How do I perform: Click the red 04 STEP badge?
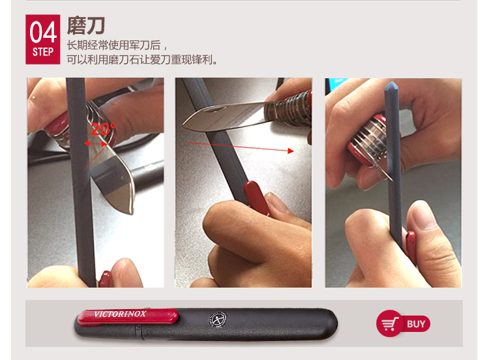tap(43, 39)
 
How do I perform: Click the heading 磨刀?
tap(86, 25)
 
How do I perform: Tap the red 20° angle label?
tap(103, 129)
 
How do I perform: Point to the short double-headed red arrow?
tap(96, 144)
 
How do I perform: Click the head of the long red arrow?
tap(291, 151)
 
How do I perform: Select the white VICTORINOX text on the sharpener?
tap(120, 314)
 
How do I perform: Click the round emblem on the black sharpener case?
tap(218, 320)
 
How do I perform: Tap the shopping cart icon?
tap(390, 324)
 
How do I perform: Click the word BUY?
tap(416, 324)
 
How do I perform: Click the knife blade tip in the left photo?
tap(132, 213)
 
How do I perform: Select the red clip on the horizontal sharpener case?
tap(128, 317)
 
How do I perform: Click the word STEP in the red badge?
tap(43, 52)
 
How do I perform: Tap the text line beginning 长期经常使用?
tap(117, 46)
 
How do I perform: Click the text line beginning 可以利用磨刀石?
tap(142, 59)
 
